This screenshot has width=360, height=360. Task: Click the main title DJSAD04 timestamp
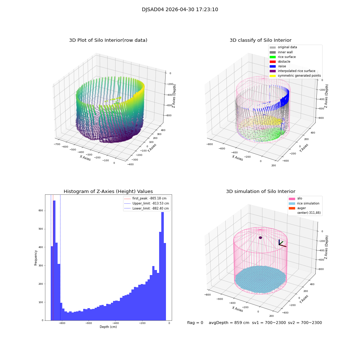coord(180,10)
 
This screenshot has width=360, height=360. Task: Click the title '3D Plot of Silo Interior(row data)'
coord(108,40)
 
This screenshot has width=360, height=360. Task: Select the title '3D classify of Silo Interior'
coord(260,40)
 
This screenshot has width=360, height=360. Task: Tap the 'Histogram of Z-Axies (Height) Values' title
coord(108,192)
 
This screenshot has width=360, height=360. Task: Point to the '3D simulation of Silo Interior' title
coord(260,192)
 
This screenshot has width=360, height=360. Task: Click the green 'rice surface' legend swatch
coord(273,57)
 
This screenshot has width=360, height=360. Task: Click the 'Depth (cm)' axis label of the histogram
coord(108,327)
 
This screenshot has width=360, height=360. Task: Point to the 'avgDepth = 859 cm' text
coord(229,323)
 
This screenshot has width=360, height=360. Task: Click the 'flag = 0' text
coord(195,323)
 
